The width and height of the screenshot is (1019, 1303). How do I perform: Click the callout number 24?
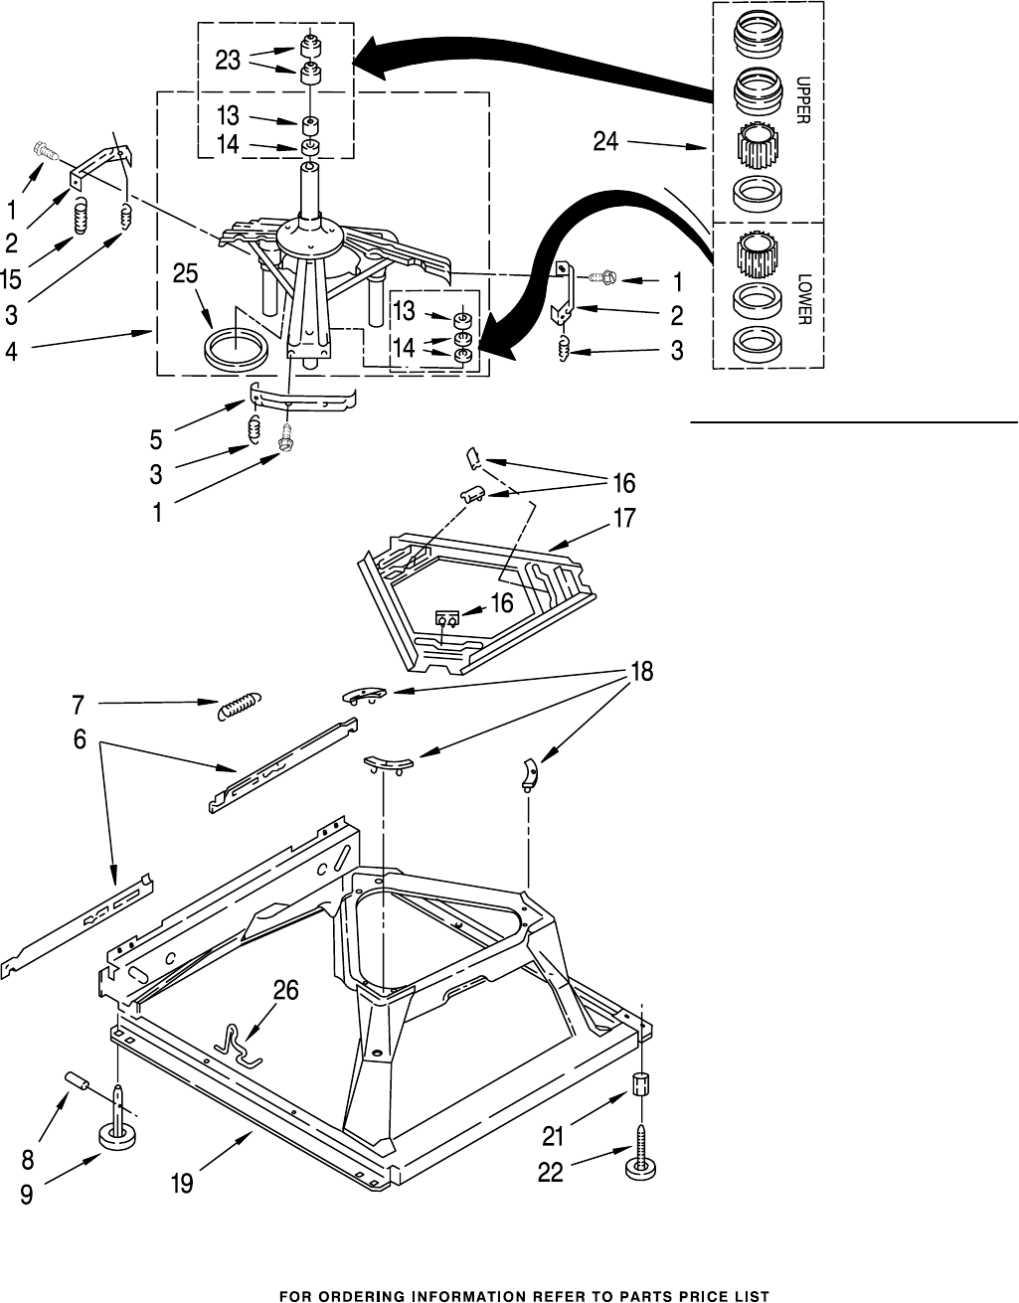pos(605,142)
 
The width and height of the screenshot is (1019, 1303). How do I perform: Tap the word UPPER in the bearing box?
pos(802,98)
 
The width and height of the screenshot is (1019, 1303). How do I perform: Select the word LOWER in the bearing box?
pos(804,299)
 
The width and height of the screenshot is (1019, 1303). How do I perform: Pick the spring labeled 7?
pos(238,708)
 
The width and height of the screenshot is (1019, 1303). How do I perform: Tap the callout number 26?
pos(284,992)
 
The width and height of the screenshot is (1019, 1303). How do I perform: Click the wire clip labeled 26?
pos(236,1044)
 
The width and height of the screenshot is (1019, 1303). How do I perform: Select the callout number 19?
pos(181,1184)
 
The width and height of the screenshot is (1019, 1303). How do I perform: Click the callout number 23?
pos(228,61)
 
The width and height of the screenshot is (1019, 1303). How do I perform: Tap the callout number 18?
pos(641,672)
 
